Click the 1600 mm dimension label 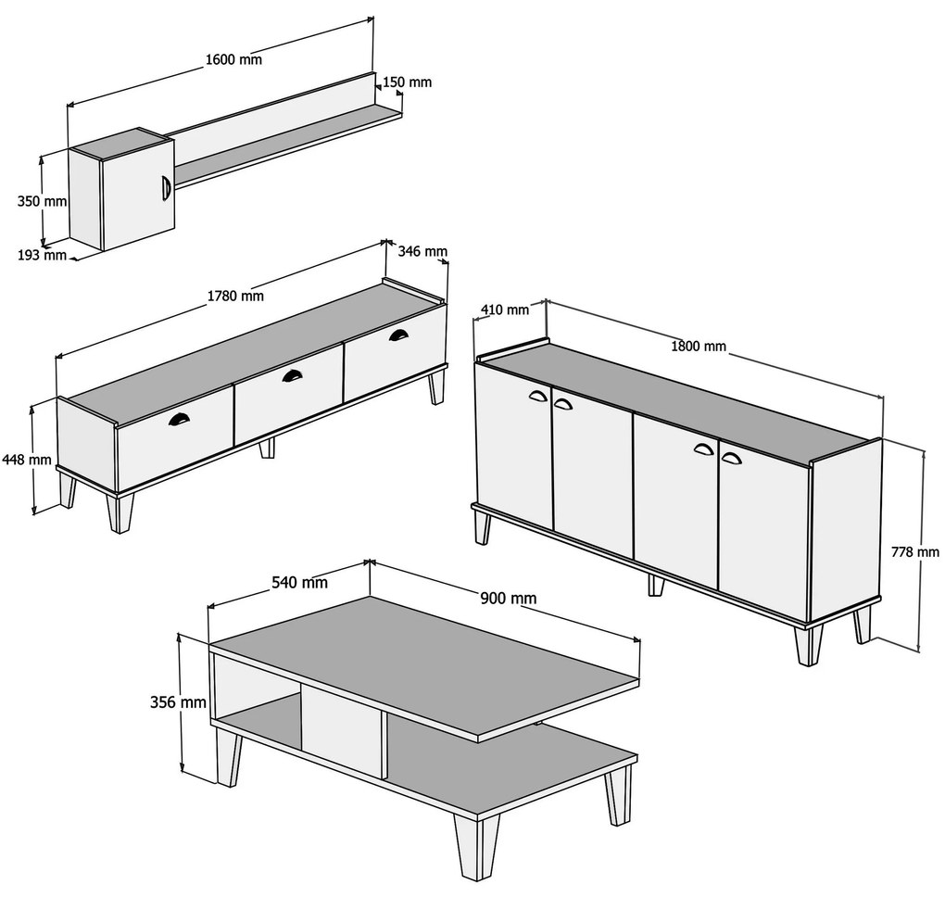click(x=233, y=59)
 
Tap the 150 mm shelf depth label click(x=408, y=82)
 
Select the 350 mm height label click(x=42, y=201)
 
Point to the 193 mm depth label click(x=42, y=255)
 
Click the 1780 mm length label click(x=235, y=296)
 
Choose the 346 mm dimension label click(x=422, y=251)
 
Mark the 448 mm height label click(x=27, y=460)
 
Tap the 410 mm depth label click(x=505, y=310)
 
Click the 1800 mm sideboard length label click(x=699, y=346)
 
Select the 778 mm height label click(x=914, y=551)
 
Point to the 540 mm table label click(x=299, y=582)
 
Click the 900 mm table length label click(x=508, y=598)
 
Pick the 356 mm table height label click(x=179, y=702)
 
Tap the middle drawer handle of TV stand click(x=292, y=375)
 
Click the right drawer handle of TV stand click(x=397, y=335)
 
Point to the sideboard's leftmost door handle click(x=537, y=396)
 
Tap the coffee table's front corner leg click(x=477, y=847)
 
